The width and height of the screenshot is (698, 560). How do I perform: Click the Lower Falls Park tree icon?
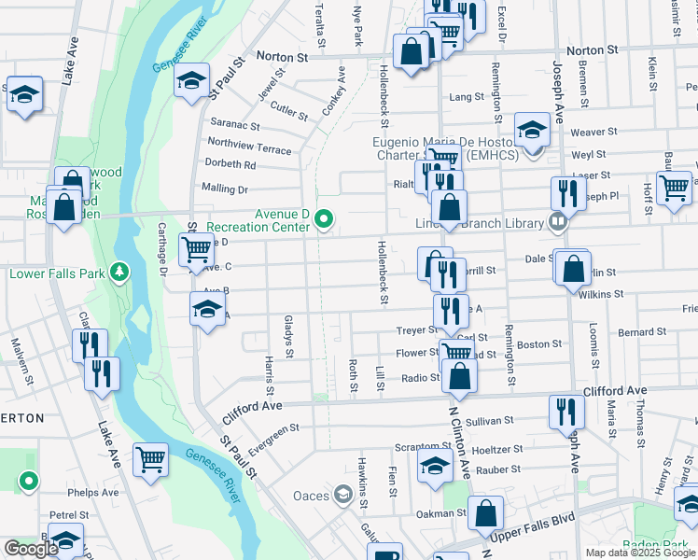(x=119, y=273)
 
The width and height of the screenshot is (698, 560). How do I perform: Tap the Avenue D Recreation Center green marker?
(x=324, y=219)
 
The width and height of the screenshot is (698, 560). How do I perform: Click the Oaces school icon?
(x=342, y=495)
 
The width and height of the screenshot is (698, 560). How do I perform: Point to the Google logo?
(x=31, y=549)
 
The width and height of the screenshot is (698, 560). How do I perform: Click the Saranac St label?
(x=234, y=124)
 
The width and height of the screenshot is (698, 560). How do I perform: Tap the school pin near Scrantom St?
(x=434, y=464)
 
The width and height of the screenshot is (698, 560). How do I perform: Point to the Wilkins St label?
(x=601, y=294)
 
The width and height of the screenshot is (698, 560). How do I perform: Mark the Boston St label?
(x=539, y=344)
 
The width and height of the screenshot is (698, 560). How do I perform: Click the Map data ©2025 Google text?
(x=640, y=553)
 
